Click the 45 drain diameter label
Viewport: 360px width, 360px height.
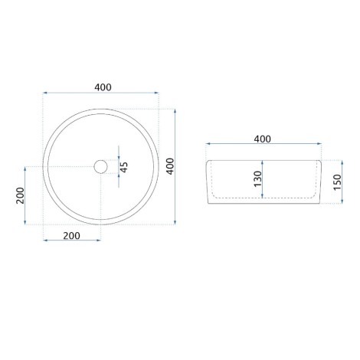(124, 167)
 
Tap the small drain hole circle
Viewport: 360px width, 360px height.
(100, 167)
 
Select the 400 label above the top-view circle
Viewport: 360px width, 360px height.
(103, 87)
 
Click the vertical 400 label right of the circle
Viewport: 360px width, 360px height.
(170, 166)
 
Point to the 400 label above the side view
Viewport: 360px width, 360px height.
(263, 139)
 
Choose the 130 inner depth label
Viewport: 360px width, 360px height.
(258, 179)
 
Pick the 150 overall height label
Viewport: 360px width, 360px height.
(337, 182)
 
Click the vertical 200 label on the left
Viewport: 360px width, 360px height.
(20, 195)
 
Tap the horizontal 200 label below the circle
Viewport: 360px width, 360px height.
(71, 236)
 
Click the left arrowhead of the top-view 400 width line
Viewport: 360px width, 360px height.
(45, 93)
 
